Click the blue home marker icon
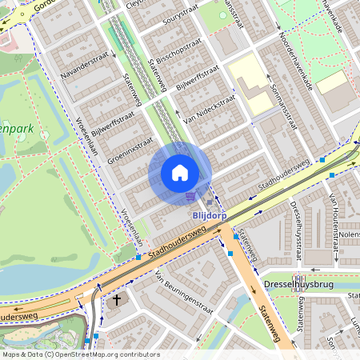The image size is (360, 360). pos(180,173)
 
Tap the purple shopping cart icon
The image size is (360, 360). pos(190,195)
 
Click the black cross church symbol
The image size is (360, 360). pos(117,300)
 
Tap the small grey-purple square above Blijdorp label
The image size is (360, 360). pos(209,202)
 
